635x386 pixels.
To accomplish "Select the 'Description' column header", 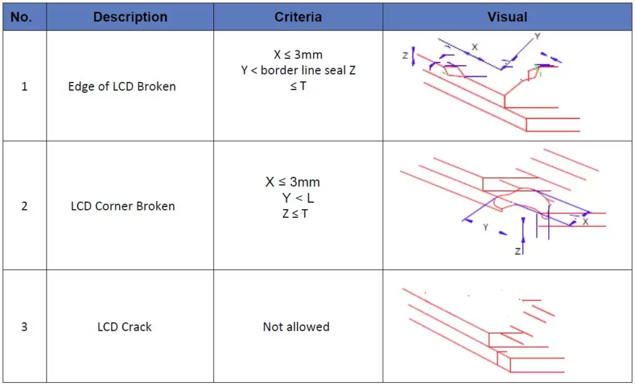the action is (130, 17).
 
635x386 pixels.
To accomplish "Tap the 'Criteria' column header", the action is (298, 17).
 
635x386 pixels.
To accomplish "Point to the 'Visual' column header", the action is (507, 17).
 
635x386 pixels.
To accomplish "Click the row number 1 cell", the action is (24, 86).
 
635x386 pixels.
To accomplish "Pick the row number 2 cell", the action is (24, 206).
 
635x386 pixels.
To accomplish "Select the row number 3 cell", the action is (24, 327).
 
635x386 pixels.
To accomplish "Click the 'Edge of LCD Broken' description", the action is (122, 87).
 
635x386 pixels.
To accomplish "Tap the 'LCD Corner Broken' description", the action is (123, 206).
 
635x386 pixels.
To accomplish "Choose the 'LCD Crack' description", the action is (124, 327).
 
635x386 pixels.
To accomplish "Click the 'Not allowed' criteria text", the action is (296, 327).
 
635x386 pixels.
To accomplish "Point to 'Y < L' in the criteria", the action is (298, 198).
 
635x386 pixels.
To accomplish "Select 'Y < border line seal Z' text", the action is (298, 70).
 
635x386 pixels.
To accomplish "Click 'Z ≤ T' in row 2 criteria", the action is (295, 213).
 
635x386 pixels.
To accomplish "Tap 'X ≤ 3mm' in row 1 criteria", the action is (298, 55).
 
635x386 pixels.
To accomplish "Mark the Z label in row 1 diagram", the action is (405, 56).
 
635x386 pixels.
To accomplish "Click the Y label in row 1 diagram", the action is (538, 36).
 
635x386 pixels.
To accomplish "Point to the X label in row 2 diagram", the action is (585, 222).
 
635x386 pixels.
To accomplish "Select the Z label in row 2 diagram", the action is (518, 251).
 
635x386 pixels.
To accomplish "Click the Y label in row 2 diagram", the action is (485, 228).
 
